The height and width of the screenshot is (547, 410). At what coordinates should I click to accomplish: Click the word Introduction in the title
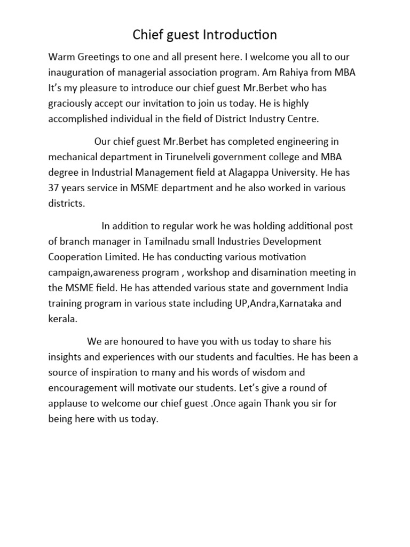[240, 35]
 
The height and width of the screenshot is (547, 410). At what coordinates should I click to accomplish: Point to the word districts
[67, 204]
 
